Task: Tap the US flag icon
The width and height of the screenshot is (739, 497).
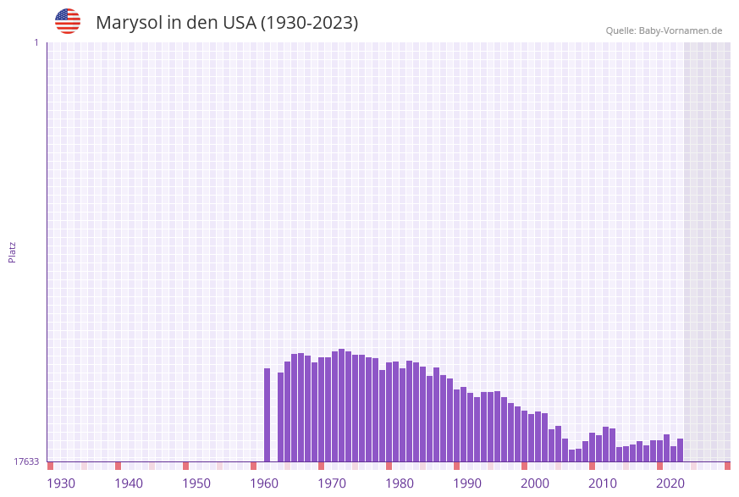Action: click(68, 21)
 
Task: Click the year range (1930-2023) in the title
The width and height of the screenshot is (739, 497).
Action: click(309, 23)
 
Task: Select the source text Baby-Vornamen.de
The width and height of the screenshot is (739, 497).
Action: click(680, 30)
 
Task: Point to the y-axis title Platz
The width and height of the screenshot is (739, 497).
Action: click(13, 251)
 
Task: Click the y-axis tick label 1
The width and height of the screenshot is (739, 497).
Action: click(36, 42)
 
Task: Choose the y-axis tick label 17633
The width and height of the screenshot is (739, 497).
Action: click(26, 461)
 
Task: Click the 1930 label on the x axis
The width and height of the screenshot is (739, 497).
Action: click(61, 483)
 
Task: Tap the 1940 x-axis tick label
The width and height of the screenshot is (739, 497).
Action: click(129, 483)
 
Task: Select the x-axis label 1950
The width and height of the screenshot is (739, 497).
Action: click(196, 483)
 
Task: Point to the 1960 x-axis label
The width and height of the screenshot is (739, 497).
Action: click(264, 483)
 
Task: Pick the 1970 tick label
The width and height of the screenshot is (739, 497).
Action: click(332, 483)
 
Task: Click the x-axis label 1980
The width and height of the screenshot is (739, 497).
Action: click(400, 483)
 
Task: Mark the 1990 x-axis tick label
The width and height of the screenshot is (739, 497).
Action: click(467, 483)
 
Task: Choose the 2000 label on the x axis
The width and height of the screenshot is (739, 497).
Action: click(535, 483)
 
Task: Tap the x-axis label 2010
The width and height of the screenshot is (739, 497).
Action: click(603, 483)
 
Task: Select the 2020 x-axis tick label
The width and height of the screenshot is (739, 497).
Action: click(670, 483)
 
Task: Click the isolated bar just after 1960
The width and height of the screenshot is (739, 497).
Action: click(267, 415)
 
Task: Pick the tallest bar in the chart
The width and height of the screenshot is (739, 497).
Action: click(342, 405)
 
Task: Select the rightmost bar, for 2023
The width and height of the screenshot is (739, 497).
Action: click(681, 450)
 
